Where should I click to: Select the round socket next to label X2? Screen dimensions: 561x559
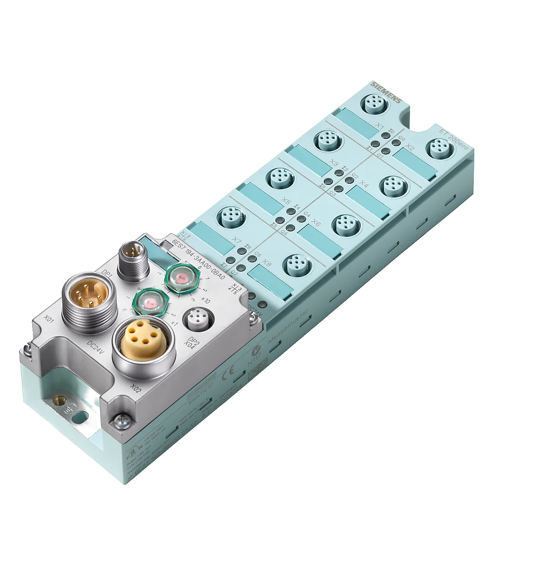pos(438,149)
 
